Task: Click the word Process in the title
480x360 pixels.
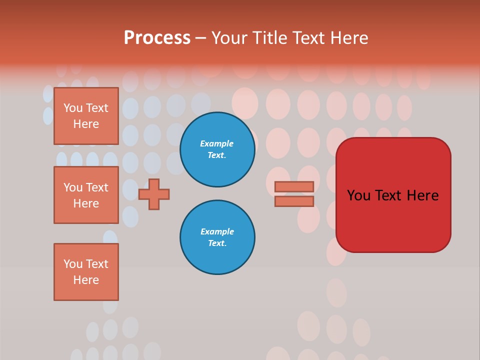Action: pos(157,38)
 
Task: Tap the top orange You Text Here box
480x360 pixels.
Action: pos(86,116)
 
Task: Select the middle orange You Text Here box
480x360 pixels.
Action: pos(86,195)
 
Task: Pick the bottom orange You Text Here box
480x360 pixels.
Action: pos(86,272)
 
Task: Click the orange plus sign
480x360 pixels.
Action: pos(154,194)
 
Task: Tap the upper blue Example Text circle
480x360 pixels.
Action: pos(217,149)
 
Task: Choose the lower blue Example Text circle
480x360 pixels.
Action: pos(217,237)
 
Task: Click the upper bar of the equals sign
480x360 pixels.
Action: pos(294,186)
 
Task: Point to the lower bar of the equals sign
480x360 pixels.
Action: pos(294,201)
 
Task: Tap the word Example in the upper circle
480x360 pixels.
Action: pos(216,143)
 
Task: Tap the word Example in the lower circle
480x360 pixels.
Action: pos(217,231)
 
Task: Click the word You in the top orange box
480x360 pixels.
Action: pos(73,108)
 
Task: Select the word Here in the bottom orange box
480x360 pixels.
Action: pos(86,280)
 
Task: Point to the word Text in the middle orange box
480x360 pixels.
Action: pos(97,187)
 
